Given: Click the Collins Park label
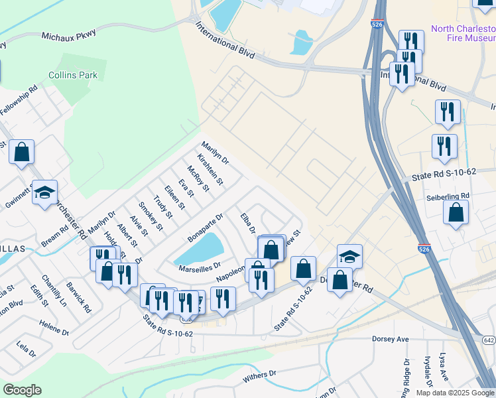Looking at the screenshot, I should [73, 75].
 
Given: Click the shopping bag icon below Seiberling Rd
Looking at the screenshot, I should [456, 213].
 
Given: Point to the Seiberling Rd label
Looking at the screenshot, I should [448, 196].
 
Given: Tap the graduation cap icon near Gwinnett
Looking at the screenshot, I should [44, 193].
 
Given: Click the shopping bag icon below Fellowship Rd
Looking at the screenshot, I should [21, 152].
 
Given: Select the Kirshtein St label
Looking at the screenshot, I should [210, 169].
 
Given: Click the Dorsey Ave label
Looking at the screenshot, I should [394, 339].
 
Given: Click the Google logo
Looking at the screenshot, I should [22, 390].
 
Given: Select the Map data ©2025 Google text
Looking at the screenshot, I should [454, 393].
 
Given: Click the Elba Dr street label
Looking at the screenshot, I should [248, 224].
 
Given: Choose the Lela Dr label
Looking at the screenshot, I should [25, 346].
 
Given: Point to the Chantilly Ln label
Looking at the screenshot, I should [54, 291].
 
